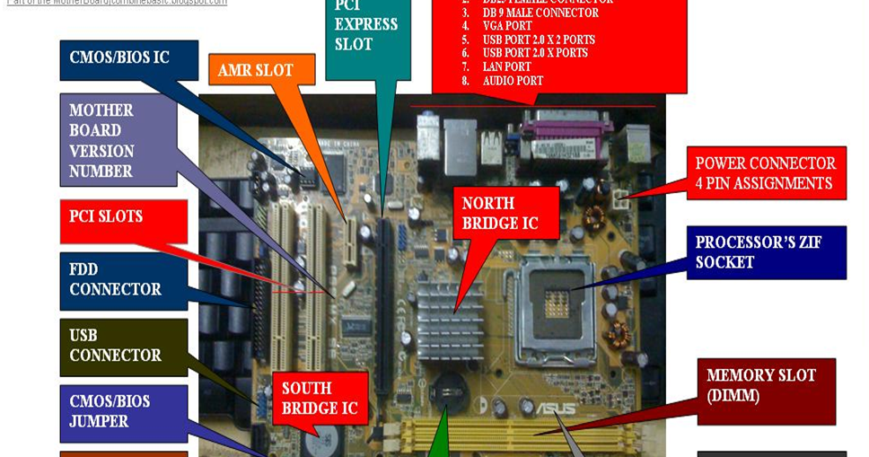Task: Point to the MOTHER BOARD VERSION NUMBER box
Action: click(118, 140)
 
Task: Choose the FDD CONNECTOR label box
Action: click(123, 280)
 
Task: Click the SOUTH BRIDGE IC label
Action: click(320, 399)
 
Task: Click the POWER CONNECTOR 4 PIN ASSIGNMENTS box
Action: click(766, 173)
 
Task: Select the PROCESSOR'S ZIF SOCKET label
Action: click(766, 252)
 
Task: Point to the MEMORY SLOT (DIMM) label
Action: click(766, 385)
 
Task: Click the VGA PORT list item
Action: click(507, 27)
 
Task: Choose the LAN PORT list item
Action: click(506, 67)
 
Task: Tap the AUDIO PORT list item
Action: click(513, 81)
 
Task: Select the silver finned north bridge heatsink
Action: click(451, 318)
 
